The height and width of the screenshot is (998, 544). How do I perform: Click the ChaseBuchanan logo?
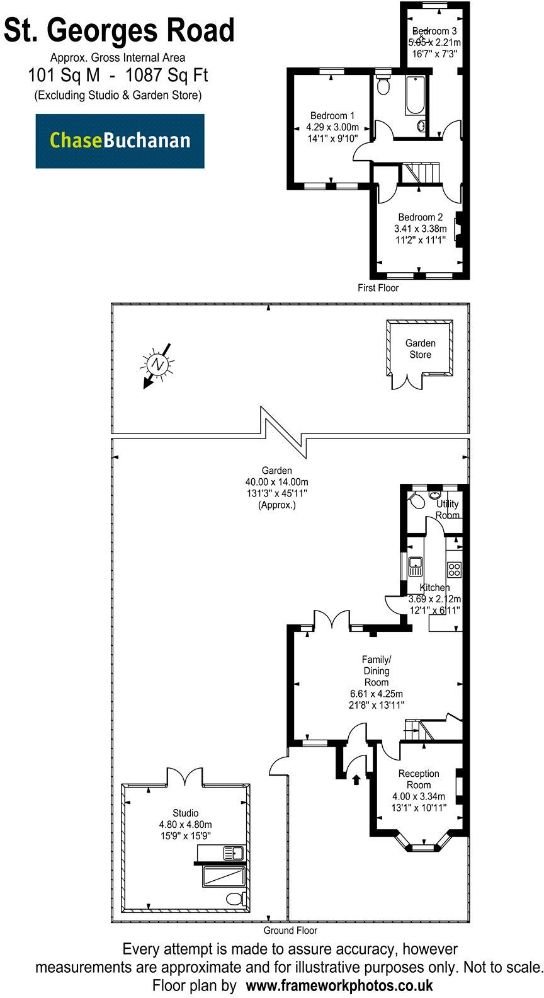120,141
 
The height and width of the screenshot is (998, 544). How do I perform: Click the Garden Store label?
420,349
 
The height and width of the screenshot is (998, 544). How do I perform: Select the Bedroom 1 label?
332,115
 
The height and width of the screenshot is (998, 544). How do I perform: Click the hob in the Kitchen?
455,570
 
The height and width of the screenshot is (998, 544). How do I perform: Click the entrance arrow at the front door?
356,780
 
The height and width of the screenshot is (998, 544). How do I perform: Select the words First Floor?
378,287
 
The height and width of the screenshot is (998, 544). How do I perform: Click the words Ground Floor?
290,930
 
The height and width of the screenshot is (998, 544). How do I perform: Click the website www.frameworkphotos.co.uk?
339,985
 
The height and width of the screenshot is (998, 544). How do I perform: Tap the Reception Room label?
419,779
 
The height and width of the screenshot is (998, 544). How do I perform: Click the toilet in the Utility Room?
416,502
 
